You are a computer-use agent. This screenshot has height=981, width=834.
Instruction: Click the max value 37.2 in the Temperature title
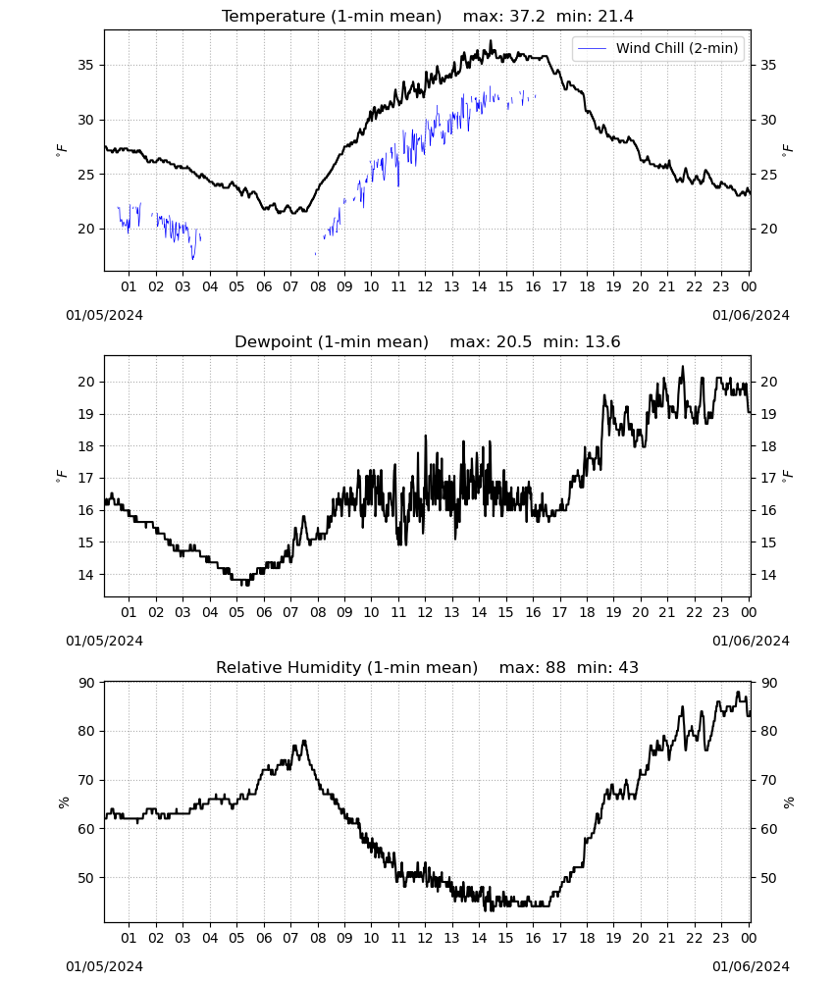527,17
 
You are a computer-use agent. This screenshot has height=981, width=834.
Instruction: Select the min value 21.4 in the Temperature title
615,17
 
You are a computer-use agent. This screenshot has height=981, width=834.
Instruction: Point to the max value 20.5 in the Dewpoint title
514,342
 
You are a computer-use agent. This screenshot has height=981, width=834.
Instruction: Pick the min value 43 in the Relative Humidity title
628,667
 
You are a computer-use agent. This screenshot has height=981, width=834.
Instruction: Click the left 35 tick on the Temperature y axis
85,65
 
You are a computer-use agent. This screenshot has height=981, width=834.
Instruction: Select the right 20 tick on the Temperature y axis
768,229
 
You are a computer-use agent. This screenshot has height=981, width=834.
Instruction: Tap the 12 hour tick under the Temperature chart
425,286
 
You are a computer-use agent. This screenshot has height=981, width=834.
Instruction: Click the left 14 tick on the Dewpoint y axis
85,574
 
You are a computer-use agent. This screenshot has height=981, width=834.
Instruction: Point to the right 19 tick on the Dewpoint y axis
768,414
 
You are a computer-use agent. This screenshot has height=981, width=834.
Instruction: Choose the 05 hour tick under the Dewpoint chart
236,612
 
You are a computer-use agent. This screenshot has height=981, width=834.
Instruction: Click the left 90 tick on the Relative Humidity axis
85,683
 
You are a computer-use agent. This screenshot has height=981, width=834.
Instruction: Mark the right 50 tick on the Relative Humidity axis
768,878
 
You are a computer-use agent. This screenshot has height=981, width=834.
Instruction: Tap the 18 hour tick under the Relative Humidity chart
587,938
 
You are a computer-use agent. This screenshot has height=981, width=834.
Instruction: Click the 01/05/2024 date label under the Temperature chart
104,315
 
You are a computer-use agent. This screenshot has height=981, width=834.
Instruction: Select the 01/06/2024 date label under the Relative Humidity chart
751,966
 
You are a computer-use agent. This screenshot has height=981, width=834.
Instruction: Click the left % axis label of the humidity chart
63,802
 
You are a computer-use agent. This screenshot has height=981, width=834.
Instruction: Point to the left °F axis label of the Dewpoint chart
61,477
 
